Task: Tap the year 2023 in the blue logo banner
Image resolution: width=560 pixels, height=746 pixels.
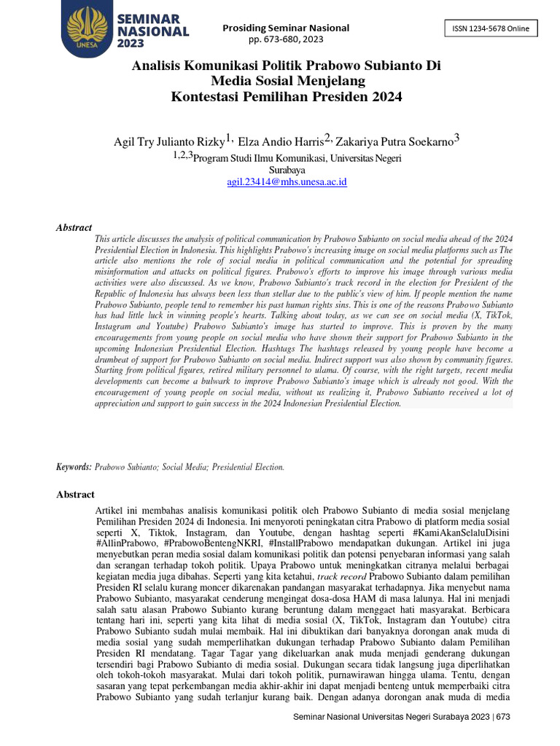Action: pyautogui.click(x=131, y=44)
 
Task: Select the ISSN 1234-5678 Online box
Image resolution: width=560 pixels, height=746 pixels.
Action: pyautogui.click(x=491, y=28)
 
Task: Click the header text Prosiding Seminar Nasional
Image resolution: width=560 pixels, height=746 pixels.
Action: pyautogui.click(x=286, y=28)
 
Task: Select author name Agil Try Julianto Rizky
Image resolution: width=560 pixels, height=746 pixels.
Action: pyautogui.click(x=168, y=141)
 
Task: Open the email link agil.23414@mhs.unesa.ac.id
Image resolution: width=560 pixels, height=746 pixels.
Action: pyautogui.click(x=287, y=181)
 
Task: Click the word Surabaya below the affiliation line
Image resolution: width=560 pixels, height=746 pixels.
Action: pyautogui.click(x=287, y=169)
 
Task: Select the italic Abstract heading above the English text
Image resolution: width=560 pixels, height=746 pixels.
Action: pyautogui.click(x=74, y=227)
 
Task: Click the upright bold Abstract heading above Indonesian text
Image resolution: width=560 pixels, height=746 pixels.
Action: pyautogui.click(x=75, y=495)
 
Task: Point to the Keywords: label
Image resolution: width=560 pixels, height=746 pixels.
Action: pyautogui.click(x=74, y=466)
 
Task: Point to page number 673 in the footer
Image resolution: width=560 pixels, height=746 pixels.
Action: pyautogui.click(x=502, y=717)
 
